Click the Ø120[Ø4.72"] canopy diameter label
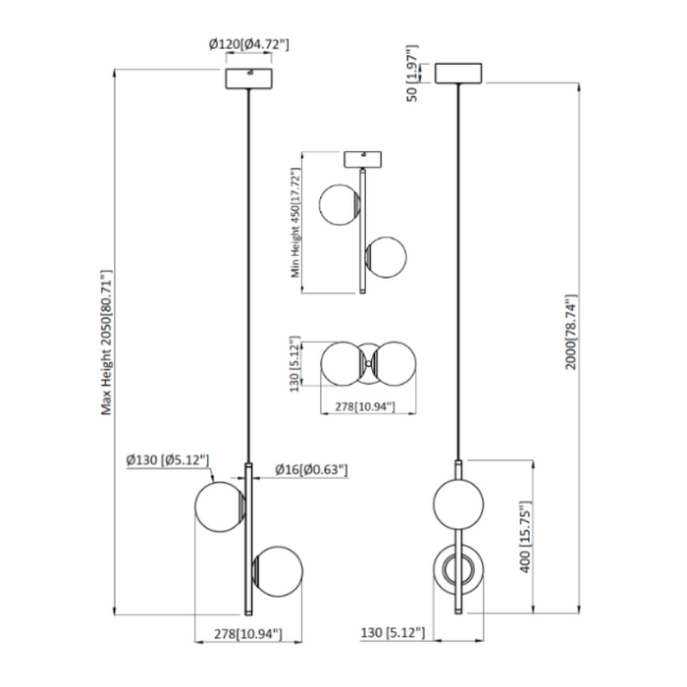click(248, 44)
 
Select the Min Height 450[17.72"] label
click(295, 224)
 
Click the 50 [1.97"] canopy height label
click(412, 73)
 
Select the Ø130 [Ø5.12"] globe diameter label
click(164, 458)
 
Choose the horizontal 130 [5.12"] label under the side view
click(392, 635)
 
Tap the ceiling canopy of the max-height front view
click(249, 77)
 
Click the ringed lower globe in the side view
click(457, 569)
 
